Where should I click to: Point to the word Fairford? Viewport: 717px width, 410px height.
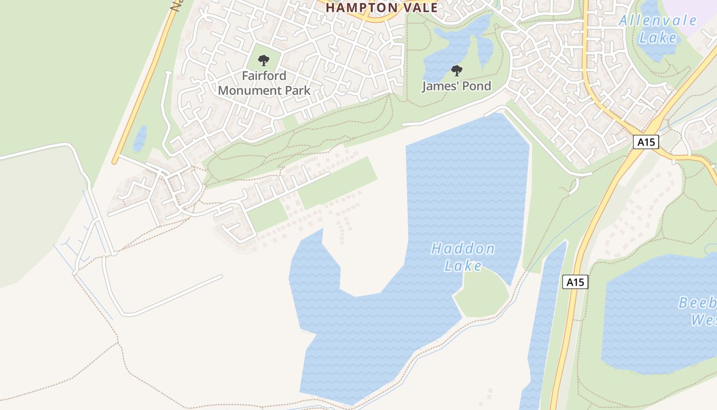[264, 76]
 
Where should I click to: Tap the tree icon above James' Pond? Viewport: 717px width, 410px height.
[456, 71]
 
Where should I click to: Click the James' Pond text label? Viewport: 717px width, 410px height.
[456, 86]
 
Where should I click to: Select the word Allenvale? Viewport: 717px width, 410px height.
[658, 21]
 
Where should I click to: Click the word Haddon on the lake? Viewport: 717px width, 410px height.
[463, 249]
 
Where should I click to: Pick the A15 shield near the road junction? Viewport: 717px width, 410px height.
[646, 142]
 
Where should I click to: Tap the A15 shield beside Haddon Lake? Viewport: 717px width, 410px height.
[575, 282]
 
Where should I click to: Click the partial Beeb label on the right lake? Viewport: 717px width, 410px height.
[697, 303]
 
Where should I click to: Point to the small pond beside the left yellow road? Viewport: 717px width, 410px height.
[139, 139]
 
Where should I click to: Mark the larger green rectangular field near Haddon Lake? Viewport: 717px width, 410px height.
[338, 182]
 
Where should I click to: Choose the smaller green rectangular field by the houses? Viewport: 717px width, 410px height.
[268, 215]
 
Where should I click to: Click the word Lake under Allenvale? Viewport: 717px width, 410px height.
[658, 37]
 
